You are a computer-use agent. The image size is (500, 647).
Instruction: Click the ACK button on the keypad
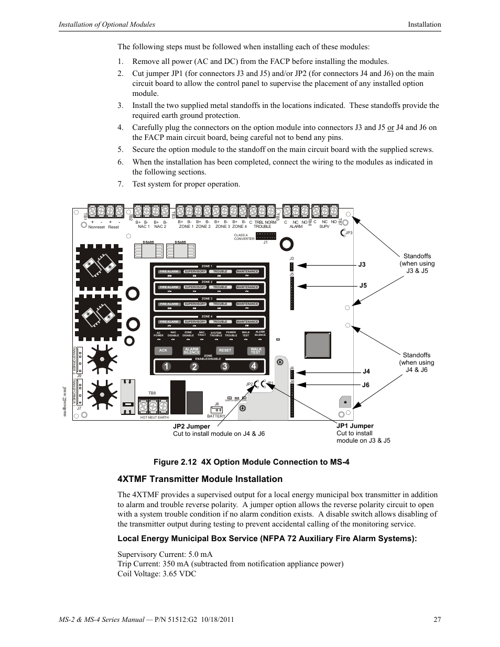[163, 350]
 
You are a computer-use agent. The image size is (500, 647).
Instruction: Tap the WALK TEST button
[255, 350]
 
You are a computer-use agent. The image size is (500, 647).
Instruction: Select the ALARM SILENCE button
[192, 350]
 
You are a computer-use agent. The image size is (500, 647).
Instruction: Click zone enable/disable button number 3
[224, 367]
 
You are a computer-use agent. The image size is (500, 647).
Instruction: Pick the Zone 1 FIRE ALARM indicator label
[169, 271]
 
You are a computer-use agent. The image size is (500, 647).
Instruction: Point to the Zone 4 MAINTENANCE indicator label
[247, 322]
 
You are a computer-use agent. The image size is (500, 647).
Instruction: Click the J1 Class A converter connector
[265, 237]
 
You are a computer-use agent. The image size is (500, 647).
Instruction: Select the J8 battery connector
[216, 409]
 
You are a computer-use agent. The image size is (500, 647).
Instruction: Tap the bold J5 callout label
[363, 286]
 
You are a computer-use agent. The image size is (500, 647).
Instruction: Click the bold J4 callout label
[366, 371]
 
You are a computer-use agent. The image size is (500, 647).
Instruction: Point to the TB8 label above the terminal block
[152, 392]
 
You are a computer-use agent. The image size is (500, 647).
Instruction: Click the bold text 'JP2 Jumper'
[191, 426]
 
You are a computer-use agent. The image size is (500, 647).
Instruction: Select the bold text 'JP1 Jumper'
[355, 426]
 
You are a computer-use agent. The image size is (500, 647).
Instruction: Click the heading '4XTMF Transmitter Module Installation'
[200, 479]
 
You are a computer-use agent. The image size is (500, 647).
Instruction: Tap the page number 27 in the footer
[437, 620]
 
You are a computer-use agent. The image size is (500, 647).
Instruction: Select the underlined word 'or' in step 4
[390, 127]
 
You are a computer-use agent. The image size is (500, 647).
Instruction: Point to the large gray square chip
[317, 346]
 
